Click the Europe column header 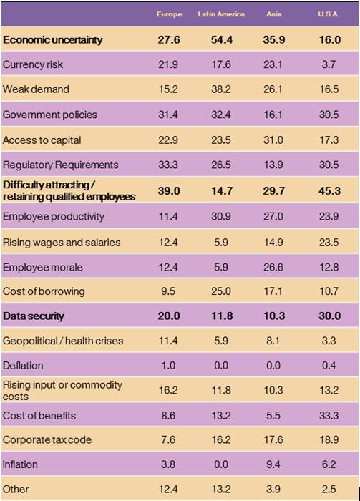tap(170, 14)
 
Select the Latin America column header tap(221, 14)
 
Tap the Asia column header tap(274, 14)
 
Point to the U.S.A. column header tap(329, 14)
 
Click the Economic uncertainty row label tap(53, 40)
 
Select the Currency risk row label tap(33, 64)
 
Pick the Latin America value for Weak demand tap(220, 89)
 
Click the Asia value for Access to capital tap(274, 140)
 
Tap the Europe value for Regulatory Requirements tap(169, 165)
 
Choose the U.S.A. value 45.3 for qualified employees tap(329, 190)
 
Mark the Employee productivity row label tap(54, 216)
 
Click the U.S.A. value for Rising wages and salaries tap(329, 242)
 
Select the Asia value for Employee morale tap(274, 267)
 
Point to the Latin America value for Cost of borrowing tap(220, 291)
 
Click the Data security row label tap(34, 316)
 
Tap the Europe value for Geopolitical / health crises tap(169, 341)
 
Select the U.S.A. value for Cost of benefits tap(329, 415)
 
